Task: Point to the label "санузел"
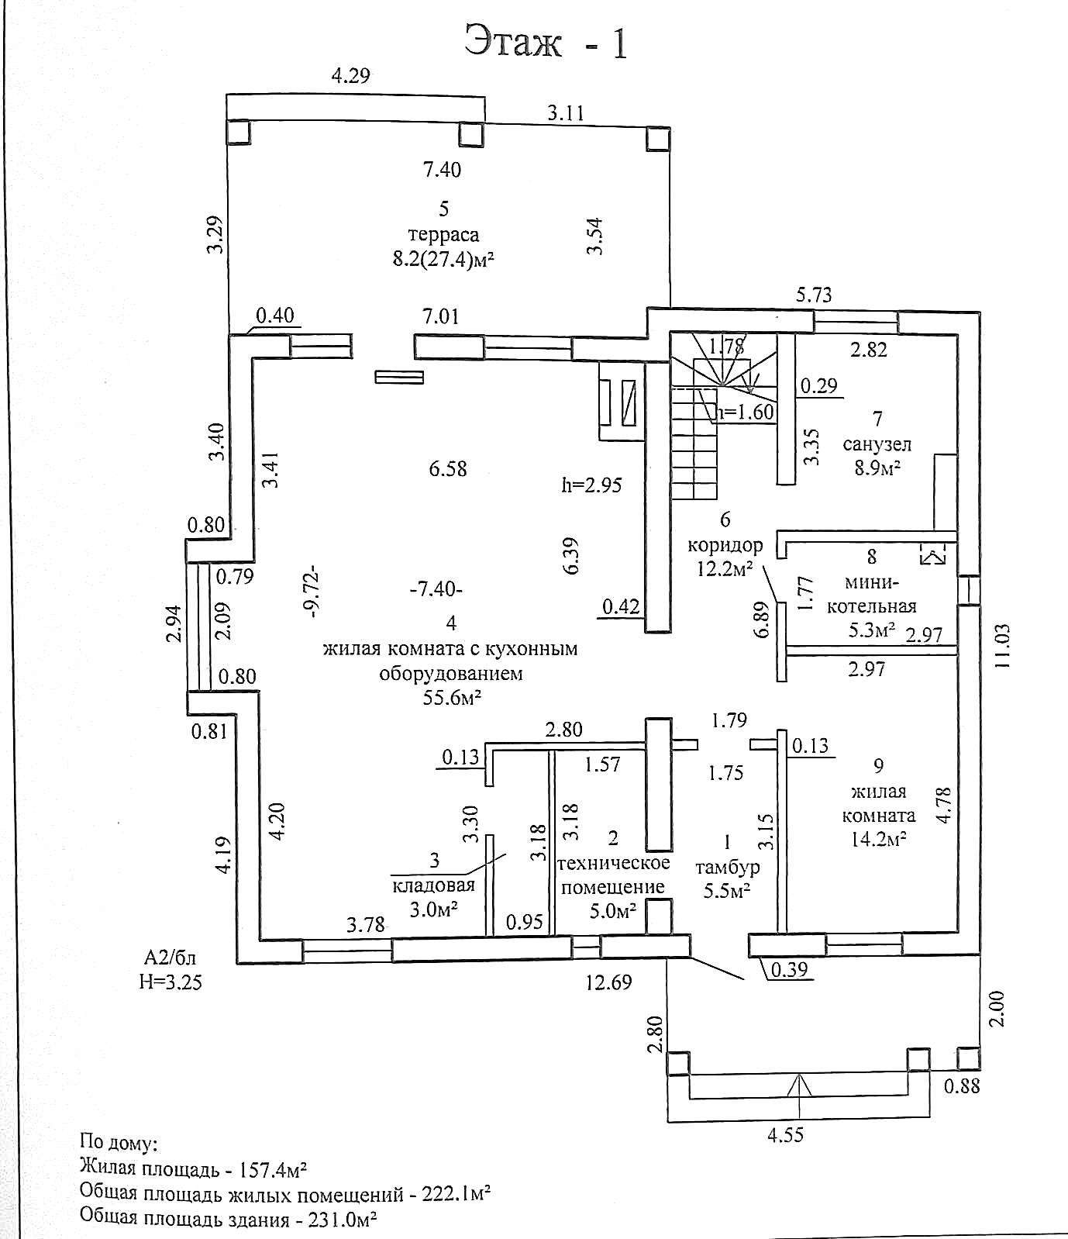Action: tap(877, 445)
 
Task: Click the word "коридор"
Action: tap(725, 544)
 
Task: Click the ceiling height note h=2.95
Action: tap(592, 485)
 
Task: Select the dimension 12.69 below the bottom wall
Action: tap(608, 982)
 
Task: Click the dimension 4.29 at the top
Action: tap(351, 75)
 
